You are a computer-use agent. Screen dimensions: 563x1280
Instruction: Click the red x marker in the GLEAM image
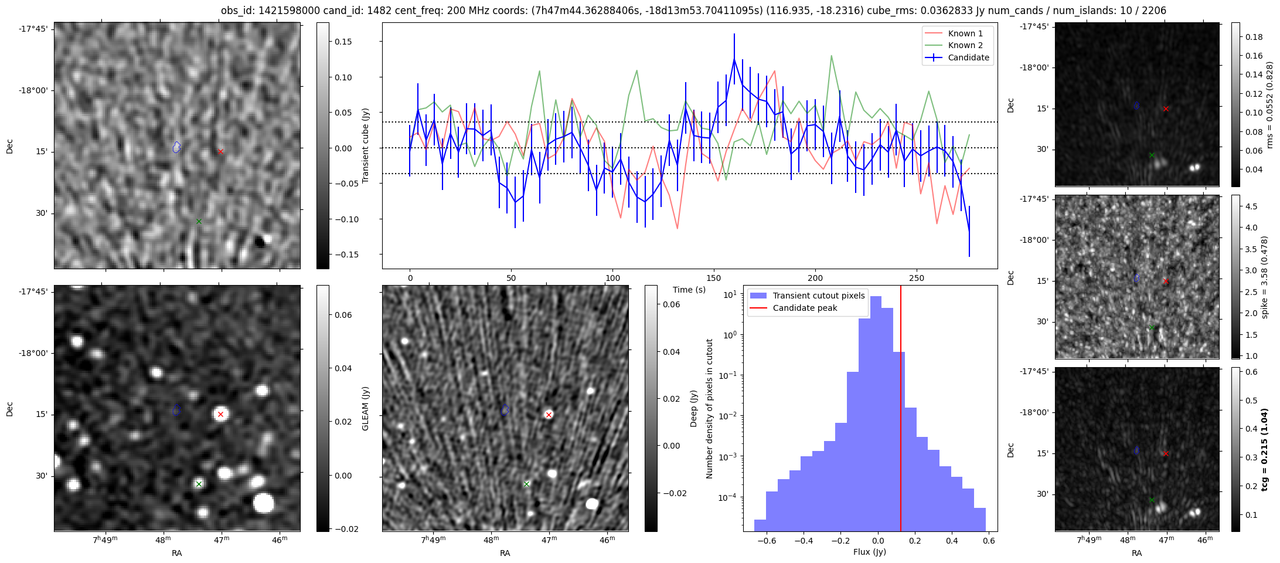tap(220, 414)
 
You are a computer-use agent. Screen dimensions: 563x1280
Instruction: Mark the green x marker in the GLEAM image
tap(199, 484)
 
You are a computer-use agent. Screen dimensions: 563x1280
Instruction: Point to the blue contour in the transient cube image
tap(176, 147)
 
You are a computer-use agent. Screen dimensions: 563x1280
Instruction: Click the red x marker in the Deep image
tap(549, 415)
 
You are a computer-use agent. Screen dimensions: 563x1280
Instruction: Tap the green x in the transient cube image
tap(199, 221)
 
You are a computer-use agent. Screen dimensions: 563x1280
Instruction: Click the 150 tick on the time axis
tap(714, 278)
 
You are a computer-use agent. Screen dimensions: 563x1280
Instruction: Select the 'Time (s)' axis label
tap(689, 290)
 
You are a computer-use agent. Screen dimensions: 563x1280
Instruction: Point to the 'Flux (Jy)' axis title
tap(870, 552)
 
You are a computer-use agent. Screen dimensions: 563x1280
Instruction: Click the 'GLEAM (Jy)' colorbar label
tap(365, 408)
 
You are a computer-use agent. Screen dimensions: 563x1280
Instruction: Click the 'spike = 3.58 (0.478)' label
tap(1264, 277)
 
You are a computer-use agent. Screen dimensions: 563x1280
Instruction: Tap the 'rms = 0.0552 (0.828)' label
tap(1269, 105)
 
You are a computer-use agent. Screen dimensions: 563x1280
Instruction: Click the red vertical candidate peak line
tap(901, 411)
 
